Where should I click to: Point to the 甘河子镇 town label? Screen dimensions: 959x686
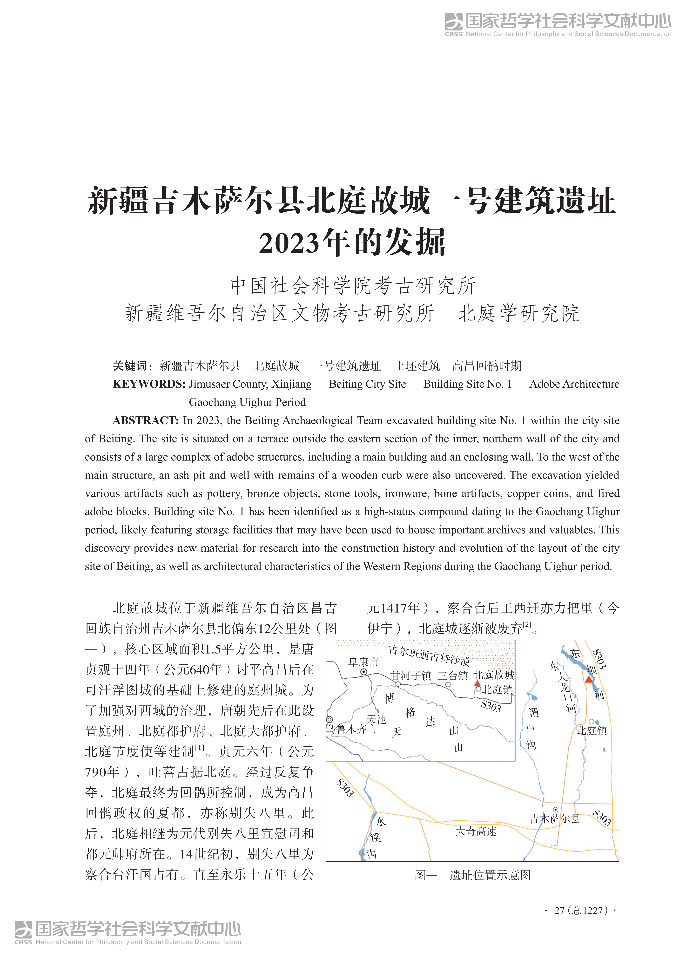[x=411, y=675]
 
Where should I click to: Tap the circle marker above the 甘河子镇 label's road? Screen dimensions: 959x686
[x=398, y=684]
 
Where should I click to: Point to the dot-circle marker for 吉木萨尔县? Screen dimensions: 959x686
[x=555, y=810]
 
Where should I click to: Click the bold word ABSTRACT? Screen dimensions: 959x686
[x=146, y=420]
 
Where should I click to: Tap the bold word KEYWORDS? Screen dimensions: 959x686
[x=149, y=384]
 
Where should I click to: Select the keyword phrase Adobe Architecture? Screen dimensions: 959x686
[x=574, y=384]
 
